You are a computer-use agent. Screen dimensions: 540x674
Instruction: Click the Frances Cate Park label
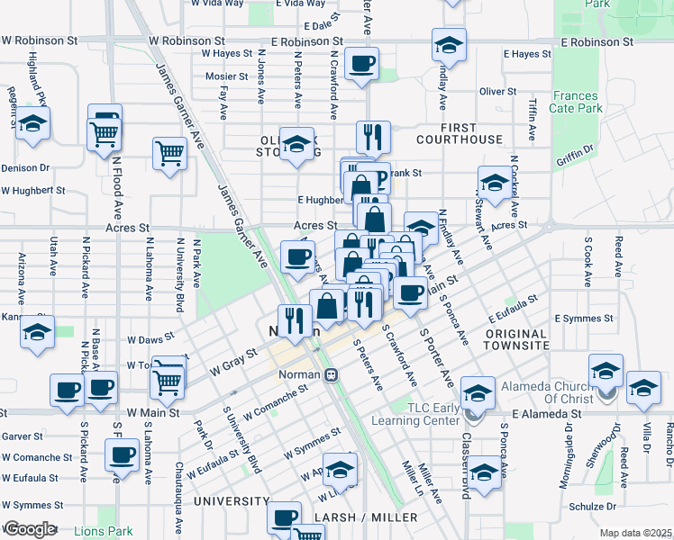coord(577,102)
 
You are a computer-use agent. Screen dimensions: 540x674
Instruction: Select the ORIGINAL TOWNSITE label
coord(516,338)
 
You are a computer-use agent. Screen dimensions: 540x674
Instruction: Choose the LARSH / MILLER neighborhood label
coord(367,517)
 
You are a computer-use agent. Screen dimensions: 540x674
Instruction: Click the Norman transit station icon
coord(332,374)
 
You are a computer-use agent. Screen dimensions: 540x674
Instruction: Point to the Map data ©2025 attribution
coord(634,533)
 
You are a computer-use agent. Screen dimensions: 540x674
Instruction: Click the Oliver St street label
coord(497,91)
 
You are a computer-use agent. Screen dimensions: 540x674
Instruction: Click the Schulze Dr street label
coord(593,506)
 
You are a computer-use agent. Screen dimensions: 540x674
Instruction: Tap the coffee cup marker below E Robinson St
coord(361,63)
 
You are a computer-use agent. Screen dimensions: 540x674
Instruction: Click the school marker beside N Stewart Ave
coord(494,184)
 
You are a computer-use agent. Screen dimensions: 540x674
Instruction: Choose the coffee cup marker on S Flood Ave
coord(121,454)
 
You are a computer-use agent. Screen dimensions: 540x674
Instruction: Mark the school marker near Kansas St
coord(38,332)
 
